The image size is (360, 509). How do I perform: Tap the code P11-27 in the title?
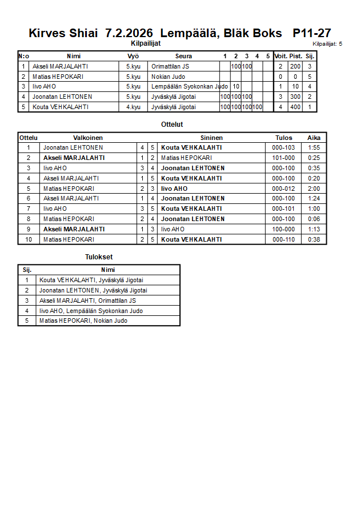click(x=311, y=33)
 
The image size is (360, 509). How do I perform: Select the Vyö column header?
click(x=133, y=56)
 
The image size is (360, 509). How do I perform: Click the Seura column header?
click(x=183, y=56)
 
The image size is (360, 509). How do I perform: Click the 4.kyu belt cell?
click(x=133, y=107)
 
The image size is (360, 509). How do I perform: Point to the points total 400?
click(x=295, y=107)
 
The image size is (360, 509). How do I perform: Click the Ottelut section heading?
click(x=172, y=124)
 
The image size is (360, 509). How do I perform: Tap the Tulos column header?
click(x=283, y=138)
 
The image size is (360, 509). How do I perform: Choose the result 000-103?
click(x=283, y=147)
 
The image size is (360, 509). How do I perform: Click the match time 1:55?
click(x=314, y=147)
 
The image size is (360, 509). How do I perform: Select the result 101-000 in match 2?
click(x=283, y=158)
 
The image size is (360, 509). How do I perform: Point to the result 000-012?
click(x=283, y=189)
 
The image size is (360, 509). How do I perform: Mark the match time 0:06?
click(x=314, y=219)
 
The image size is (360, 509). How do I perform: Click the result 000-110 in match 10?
click(x=283, y=239)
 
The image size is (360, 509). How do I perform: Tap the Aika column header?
click(x=314, y=138)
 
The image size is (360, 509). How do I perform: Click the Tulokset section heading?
click(x=98, y=257)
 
